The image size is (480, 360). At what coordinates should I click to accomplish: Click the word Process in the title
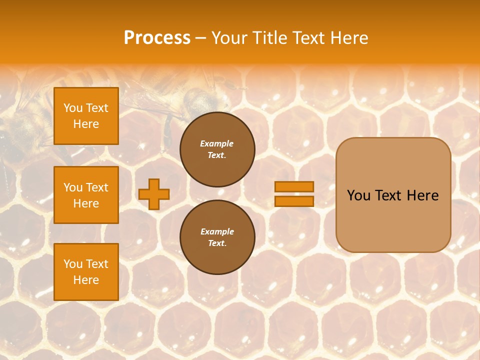157,38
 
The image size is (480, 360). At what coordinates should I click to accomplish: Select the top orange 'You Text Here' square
86,116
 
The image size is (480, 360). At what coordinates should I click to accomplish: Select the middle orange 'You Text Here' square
86,195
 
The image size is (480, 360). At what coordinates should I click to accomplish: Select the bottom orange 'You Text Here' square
86,272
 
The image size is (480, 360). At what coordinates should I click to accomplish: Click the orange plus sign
154,194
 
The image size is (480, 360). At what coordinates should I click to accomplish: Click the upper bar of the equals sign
294,186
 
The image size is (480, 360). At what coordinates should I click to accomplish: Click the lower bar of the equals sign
294,201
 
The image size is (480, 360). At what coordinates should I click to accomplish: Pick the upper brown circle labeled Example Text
217,149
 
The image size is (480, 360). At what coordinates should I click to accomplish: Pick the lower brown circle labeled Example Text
217,237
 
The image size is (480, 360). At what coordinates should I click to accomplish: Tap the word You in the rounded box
358,195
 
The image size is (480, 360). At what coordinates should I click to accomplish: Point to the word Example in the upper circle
217,143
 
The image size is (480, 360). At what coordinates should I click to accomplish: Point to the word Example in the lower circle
217,231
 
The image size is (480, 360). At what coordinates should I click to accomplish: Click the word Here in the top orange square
86,124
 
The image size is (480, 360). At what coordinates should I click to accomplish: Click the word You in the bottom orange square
73,264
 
